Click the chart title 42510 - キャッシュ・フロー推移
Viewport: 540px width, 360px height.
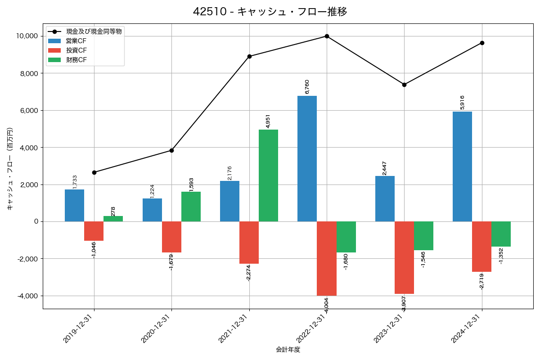[270, 12]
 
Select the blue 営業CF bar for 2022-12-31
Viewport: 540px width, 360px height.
[307, 158]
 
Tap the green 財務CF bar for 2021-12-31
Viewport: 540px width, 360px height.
[268, 175]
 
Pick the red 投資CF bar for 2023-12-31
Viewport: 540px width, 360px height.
[404, 257]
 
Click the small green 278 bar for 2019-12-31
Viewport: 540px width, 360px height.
[113, 219]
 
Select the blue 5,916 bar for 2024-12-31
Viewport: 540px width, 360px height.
[462, 166]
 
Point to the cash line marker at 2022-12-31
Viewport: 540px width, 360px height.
[327, 36]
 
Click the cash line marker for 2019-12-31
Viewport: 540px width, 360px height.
[94, 172]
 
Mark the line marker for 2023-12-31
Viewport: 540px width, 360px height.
[404, 85]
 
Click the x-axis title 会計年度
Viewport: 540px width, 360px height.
[288, 350]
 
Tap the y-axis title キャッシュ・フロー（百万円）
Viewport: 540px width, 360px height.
[10, 169]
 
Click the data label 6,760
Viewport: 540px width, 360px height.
[307, 86]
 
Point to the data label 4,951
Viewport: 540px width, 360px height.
[268, 121]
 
